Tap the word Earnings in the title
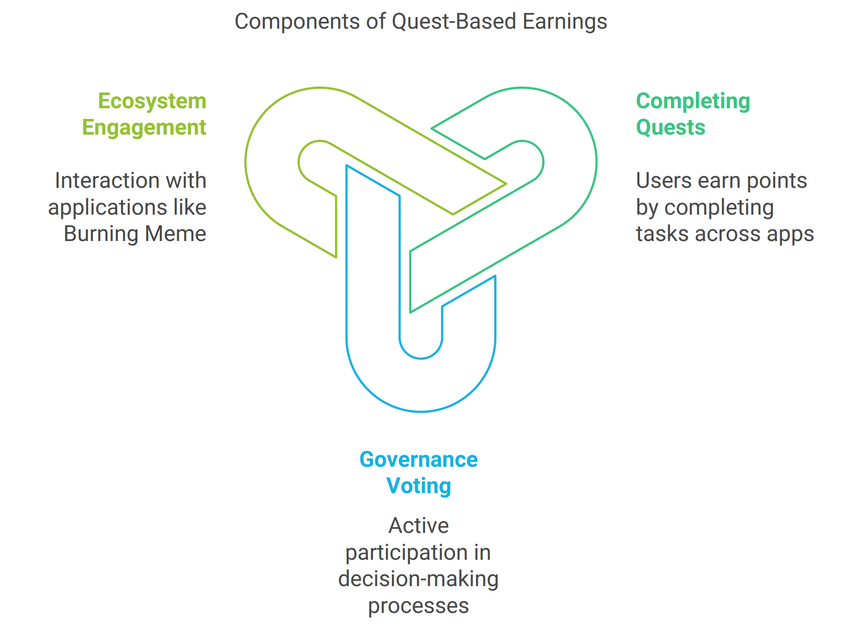565,22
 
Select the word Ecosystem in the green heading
152,101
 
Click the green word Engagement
144,128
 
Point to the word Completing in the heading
693,101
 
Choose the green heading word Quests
671,127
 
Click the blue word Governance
419,460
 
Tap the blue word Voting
419,486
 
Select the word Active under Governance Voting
419,526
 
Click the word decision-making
419,579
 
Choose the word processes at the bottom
419,606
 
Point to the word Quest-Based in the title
454,22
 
